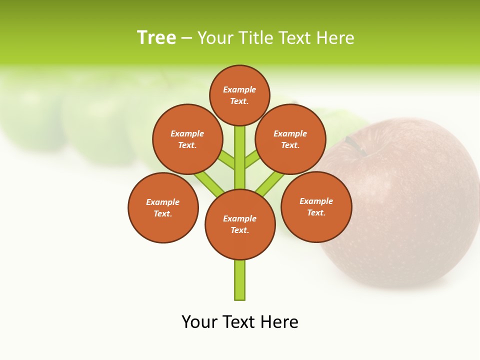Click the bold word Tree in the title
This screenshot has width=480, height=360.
click(x=156, y=38)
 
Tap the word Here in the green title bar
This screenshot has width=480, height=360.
click(x=335, y=38)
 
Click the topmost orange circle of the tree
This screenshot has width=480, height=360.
click(x=239, y=95)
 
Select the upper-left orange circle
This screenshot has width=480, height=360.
click(x=187, y=139)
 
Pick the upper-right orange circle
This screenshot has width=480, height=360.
click(x=290, y=139)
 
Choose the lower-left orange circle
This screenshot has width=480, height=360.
click(x=163, y=207)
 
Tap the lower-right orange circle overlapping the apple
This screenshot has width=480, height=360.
click(x=316, y=207)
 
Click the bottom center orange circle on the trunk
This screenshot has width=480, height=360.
click(x=240, y=224)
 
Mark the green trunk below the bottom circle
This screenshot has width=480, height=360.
click(x=240, y=280)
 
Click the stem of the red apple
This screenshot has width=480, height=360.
click(x=356, y=145)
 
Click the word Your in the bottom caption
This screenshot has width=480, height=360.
click(x=199, y=322)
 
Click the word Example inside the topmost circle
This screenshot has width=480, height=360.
click(x=239, y=89)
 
